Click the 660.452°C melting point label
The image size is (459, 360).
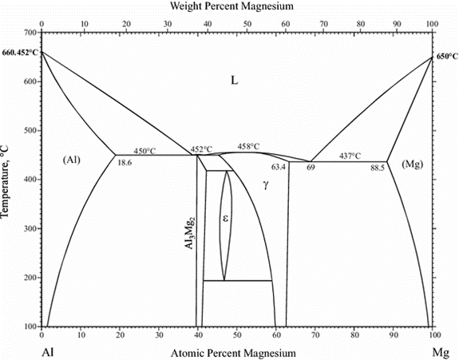click(20, 53)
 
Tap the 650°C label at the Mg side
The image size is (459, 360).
click(447, 57)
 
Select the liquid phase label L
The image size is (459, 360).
click(235, 80)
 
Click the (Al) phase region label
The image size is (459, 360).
click(71, 160)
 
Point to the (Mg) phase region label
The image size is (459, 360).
click(413, 164)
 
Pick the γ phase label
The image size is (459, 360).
click(266, 185)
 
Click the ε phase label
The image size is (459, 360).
click(225, 218)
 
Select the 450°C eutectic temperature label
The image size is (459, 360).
click(144, 151)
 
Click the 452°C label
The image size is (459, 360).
click(202, 149)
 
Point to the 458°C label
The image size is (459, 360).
click(248, 146)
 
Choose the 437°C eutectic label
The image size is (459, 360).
click(350, 156)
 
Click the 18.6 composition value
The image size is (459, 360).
click(125, 163)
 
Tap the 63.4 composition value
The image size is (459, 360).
click(279, 167)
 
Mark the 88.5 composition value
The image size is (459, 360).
click(378, 168)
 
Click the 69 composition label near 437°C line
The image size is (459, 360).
click(311, 168)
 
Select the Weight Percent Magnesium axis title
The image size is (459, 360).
click(231, 6)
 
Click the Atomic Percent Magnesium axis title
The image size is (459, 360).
click(233, 353)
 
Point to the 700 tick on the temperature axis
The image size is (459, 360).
click(31, 33)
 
